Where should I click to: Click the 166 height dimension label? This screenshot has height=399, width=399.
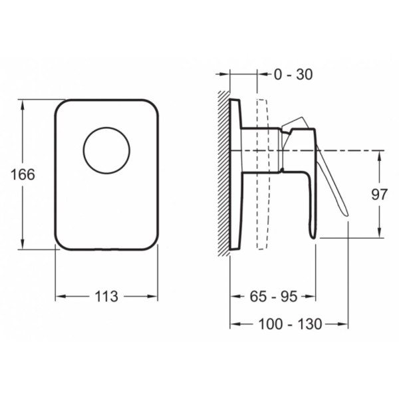[x=23, y=174]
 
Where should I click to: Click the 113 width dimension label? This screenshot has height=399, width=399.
[x=106, y=297]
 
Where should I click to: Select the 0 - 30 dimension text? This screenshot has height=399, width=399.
[x=293, y=74]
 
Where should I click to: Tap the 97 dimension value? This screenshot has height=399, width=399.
[x=379, y=195]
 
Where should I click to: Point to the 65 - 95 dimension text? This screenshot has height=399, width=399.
[x=273, y=297]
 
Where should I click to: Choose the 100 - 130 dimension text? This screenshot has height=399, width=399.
[x=291, y=325]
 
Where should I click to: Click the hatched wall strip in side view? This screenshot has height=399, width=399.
[x=223, y=174]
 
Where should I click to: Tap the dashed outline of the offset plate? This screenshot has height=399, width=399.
[x=263, y=174]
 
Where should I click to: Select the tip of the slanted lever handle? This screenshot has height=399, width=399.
[x=346, y=215]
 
